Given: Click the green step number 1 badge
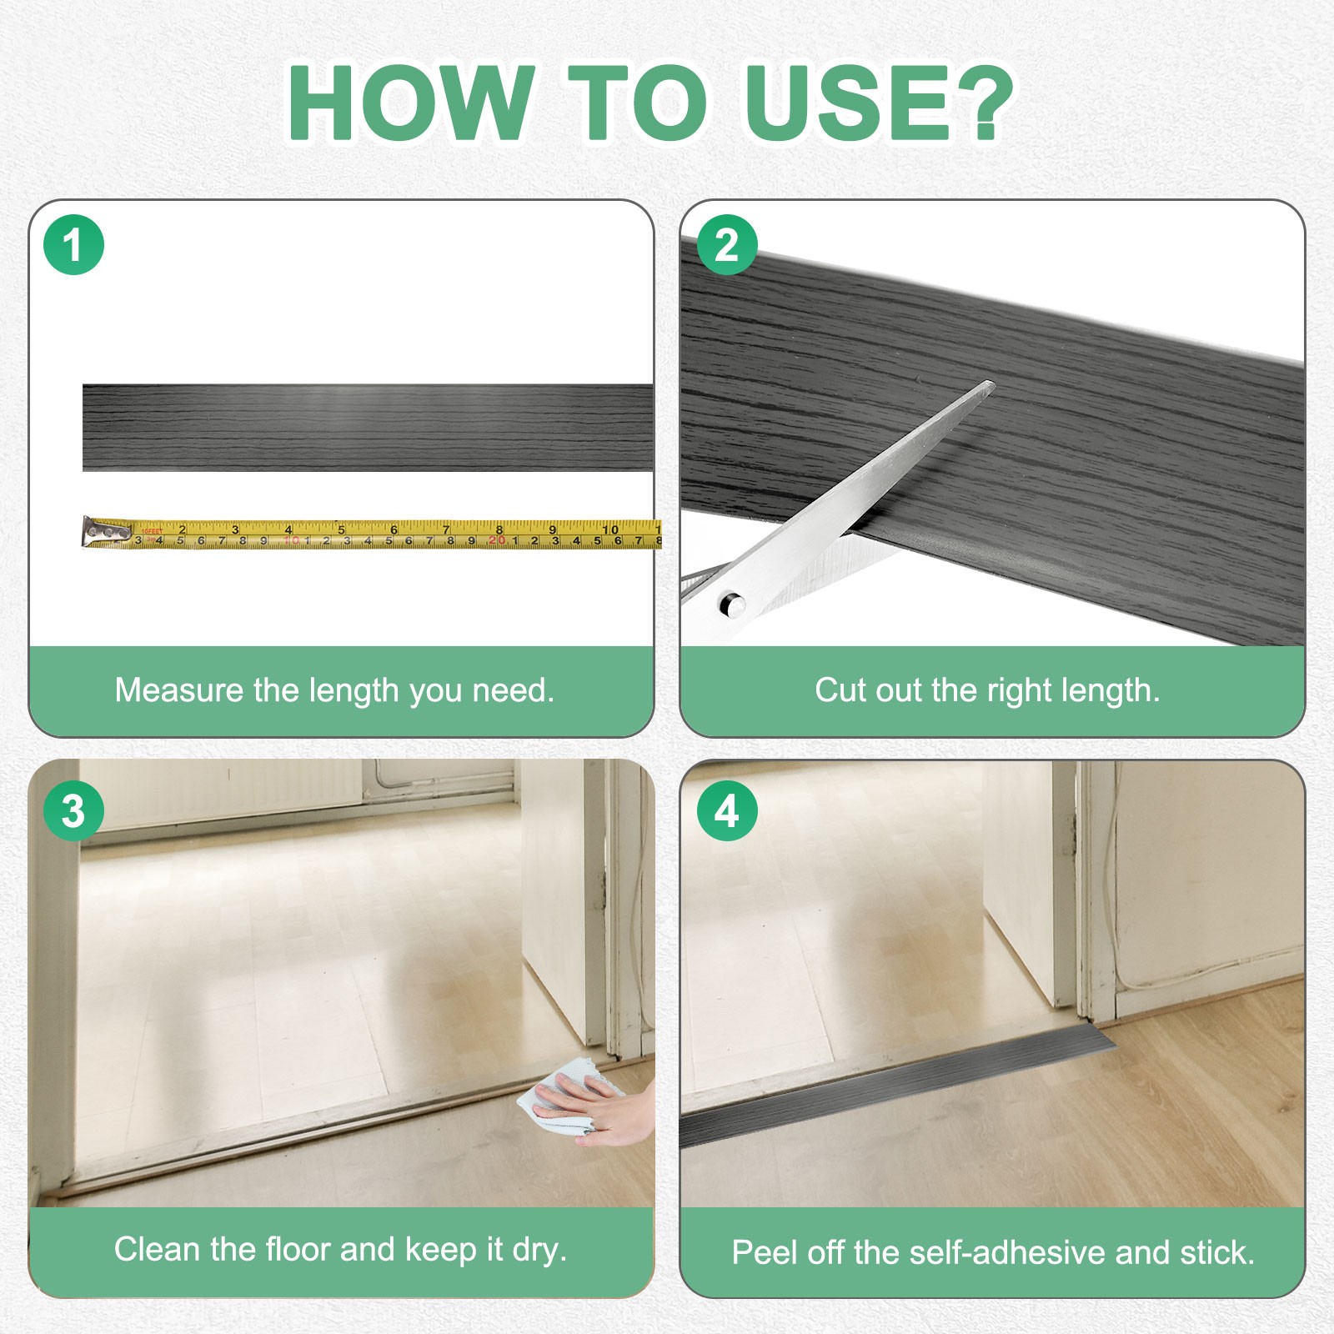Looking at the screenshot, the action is pos(73,245).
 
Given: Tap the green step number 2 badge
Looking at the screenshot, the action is pos(727,245).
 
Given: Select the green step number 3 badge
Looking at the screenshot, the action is pos(73,810).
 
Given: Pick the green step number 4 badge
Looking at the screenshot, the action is pos(727,810).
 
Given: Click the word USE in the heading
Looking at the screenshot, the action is pos(843,103).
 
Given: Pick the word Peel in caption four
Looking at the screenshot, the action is pos(759,1252).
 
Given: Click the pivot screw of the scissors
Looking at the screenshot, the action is pos(731,604).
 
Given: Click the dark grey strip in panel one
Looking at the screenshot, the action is pos(368,428).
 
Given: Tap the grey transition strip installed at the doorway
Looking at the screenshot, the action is pos(896,1084).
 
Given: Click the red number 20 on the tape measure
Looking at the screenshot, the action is pos(497,540).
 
